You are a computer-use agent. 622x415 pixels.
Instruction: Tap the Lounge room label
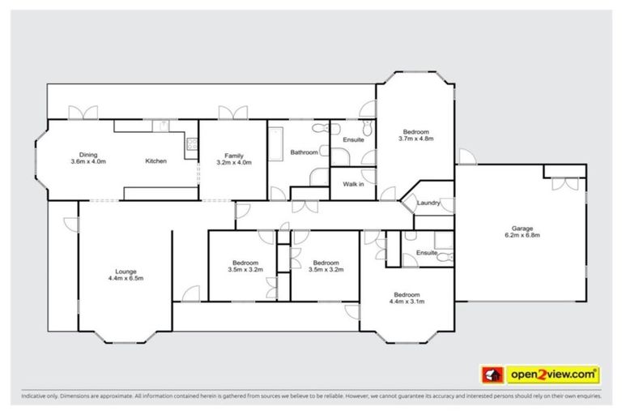click(x=125, y=271)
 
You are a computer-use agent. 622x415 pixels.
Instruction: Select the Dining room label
click(x=87, y=154)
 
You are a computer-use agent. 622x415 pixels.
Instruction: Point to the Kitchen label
click(x=155, y=161)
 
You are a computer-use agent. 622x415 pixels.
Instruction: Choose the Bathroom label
click(x=304, y=152)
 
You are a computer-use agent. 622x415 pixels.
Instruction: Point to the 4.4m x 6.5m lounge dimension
click(x=125, y=278)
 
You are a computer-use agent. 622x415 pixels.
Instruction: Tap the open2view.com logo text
click(x=553, y=374)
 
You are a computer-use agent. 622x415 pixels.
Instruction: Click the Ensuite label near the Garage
click(x=427, y=254)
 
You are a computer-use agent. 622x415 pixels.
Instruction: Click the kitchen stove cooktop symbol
click(x=191, y=145)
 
